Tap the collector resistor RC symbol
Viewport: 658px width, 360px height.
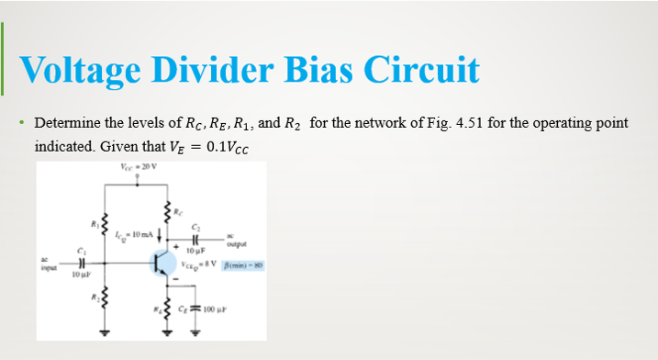(167, 217)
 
